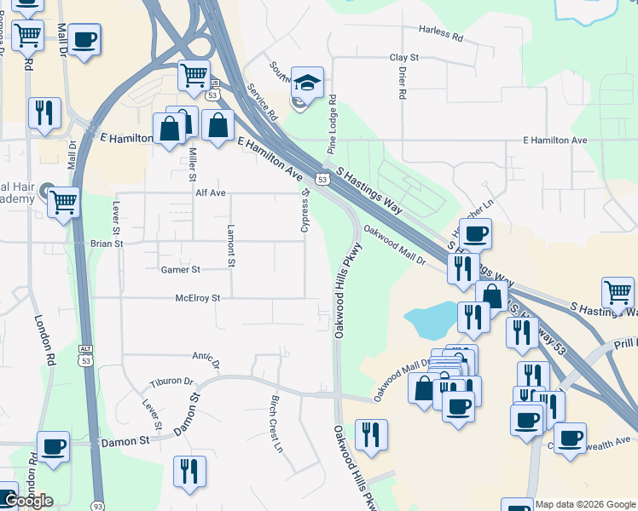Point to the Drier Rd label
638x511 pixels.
(x=401, y=83)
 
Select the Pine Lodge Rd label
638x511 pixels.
(x=332, y=124)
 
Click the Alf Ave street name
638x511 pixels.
(x=210, y=193)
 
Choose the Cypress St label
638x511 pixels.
(x=304, y=210)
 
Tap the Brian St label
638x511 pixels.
(x=107, y=244)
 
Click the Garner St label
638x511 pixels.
(x=180, y=270)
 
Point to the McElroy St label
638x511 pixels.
(x=198, y=298)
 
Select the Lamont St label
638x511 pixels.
(x=230, y=247)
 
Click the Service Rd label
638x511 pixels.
(x=262, y=100)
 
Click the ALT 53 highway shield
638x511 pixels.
(x=84, y=354)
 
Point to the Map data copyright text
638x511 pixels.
(x=585, y=504)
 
